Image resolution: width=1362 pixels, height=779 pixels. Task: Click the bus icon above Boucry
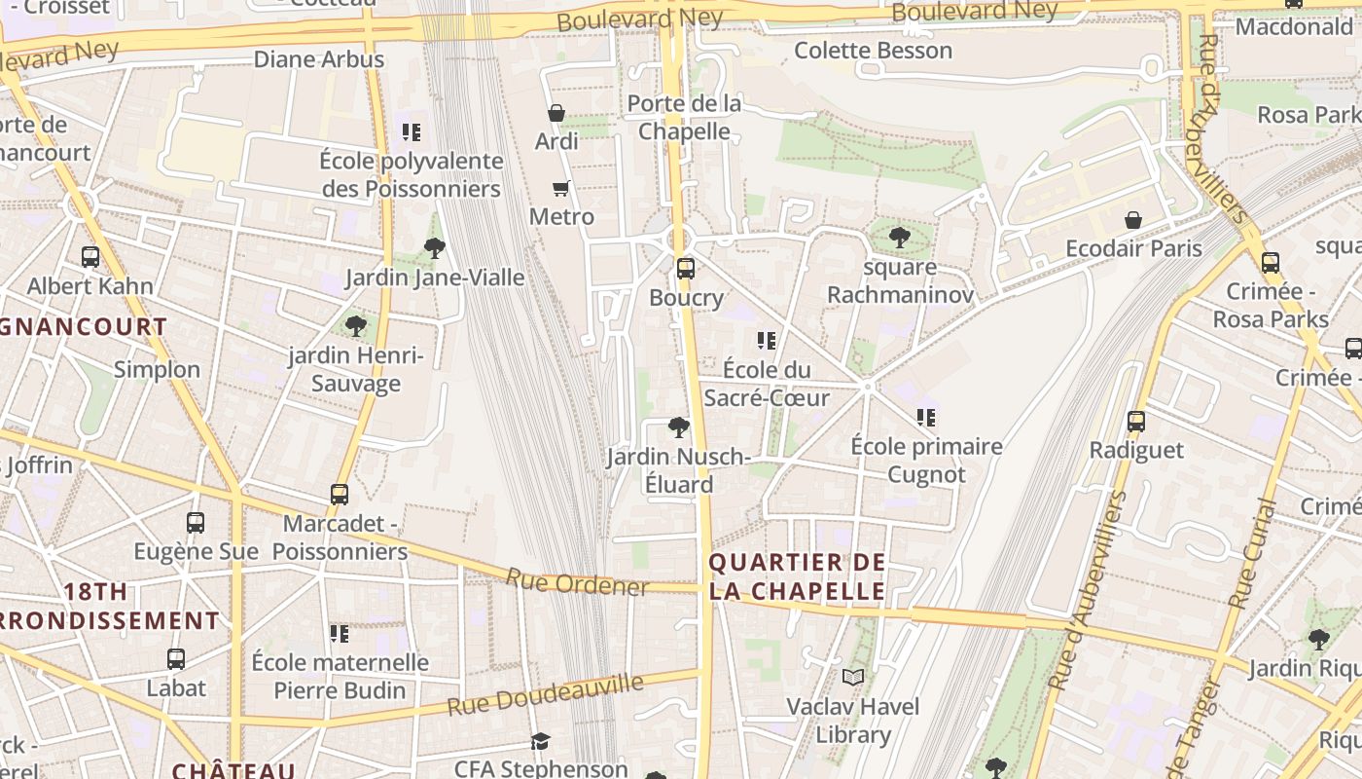(x=686, y=268)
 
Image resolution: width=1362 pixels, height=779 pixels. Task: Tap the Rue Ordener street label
(x=577, y=582)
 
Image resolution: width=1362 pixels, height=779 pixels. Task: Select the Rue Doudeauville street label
(x=545, y=693)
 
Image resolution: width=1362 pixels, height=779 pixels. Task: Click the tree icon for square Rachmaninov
(x=900, y=237)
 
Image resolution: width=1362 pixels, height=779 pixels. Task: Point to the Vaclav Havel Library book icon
(x=853, y=677)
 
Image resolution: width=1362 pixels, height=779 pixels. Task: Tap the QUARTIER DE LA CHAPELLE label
(x=798, y=576)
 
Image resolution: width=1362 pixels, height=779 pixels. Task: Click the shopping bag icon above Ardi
(x=556, y=113)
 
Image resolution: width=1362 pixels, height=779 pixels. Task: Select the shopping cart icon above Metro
(x=560, y=188)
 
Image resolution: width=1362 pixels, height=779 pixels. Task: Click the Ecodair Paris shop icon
(x=1133, y=220)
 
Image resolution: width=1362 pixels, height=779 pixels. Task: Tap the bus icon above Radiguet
(x=1136, y=422)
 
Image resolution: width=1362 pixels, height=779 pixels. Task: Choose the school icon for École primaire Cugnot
(x=926, y=418)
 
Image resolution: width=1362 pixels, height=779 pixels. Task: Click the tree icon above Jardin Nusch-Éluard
(x=679, y=427)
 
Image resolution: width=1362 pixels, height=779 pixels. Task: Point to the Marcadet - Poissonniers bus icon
(x=340, y=495)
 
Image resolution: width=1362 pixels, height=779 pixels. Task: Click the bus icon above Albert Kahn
(x=90, y=257)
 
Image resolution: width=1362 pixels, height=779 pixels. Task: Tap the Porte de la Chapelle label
(x=685, y=117)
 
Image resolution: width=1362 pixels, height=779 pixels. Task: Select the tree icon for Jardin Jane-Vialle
(x=435, y=248)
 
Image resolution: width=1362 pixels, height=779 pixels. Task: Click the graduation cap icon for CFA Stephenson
(x=541, y=742)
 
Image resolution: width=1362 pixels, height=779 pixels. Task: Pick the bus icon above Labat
(x=176, y=659)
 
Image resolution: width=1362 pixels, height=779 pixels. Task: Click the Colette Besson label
(x=873, y=51)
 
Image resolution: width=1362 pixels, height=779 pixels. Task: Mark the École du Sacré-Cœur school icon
(x=767, y=341)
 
